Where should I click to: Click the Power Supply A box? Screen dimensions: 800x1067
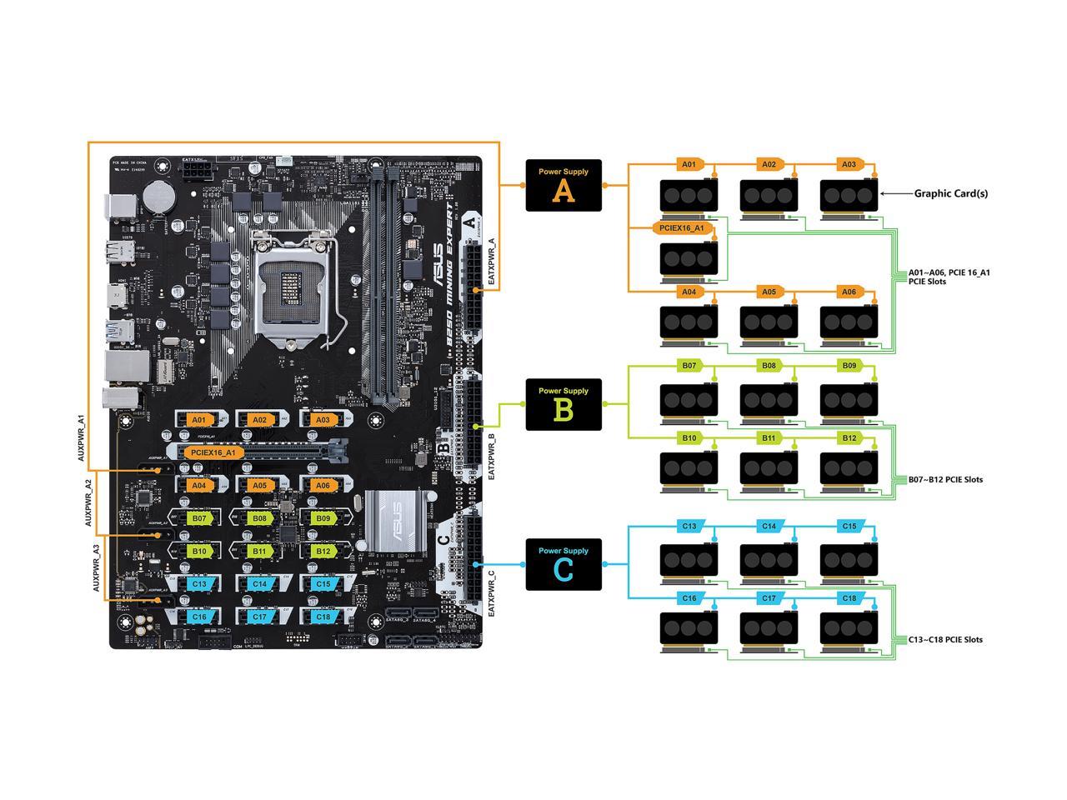564,184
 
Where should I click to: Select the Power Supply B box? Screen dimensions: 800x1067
564,404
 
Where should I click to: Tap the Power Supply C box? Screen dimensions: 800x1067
564,564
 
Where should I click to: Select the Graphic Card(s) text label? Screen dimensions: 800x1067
951,193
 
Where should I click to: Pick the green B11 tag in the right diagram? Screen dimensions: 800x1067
769,437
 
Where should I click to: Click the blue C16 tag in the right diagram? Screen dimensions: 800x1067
689,597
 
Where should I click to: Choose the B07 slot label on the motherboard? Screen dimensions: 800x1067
198,518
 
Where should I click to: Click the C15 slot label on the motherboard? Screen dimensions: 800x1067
323,584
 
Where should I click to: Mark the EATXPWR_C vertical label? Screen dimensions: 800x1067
491,593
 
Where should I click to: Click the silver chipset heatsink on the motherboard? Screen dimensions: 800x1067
397,520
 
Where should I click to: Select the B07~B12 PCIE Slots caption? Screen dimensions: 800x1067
945,479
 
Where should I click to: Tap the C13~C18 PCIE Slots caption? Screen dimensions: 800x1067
945,639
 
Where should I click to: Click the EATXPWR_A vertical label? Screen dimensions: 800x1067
491,262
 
